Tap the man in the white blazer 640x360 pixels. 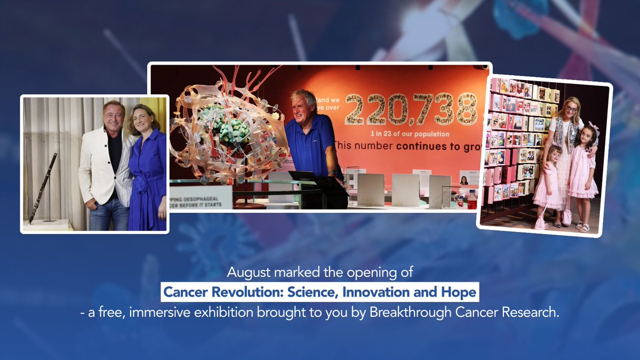(105, 165)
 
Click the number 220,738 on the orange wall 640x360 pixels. (411, 109)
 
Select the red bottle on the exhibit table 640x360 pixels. (472, 200)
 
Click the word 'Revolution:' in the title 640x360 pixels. (233, 292)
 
